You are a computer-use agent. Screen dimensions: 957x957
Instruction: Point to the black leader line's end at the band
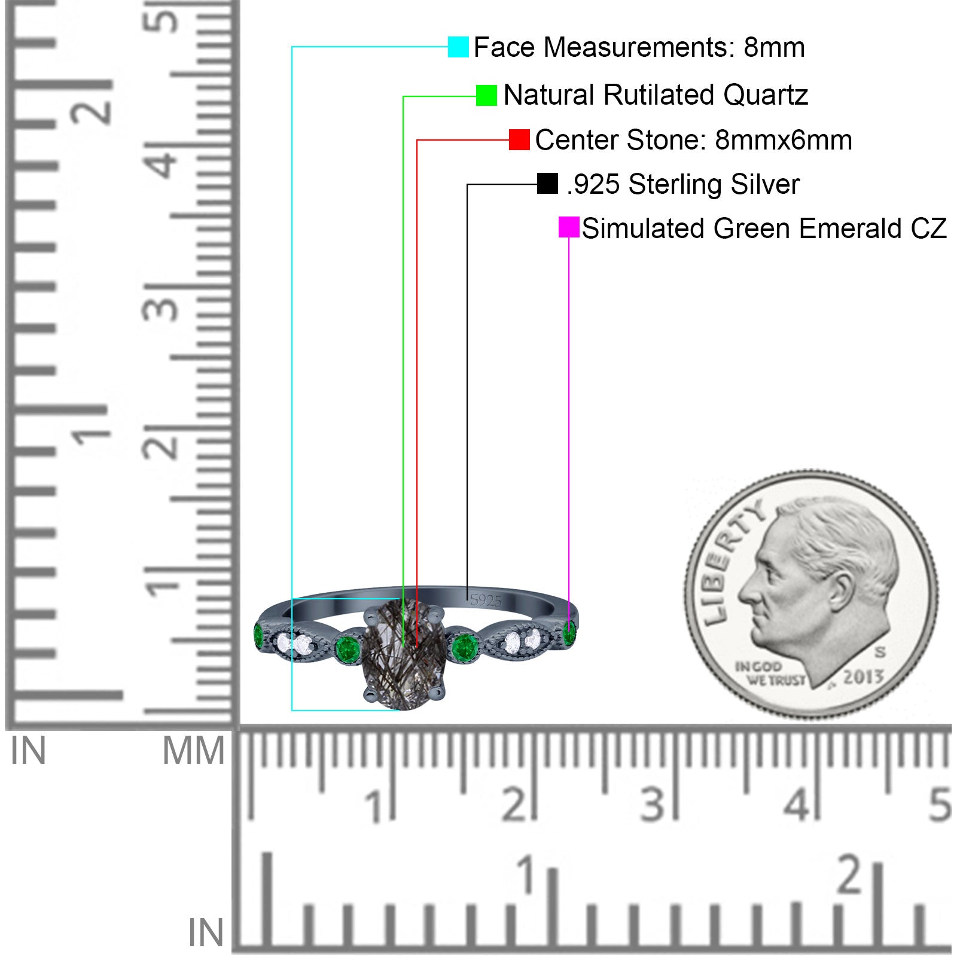click(x=467, y=599)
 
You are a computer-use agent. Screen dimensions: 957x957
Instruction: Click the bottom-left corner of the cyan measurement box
click(x=292, y=710)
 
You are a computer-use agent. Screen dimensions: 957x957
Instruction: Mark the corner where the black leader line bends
click(x=467, y=184)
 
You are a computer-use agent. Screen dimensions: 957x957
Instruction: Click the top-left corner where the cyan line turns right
click(x=292, y=46)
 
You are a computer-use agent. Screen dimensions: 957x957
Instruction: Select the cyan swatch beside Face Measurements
click(x=458, y=47)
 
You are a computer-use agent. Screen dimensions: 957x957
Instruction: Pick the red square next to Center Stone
click(x=519, y=139)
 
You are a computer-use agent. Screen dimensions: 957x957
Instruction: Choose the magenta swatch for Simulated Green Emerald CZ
click(x=569, y=227)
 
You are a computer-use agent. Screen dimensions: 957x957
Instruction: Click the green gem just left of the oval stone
click(x=347, y=647)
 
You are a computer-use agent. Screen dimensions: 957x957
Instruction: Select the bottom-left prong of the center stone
click(x=370, y=694)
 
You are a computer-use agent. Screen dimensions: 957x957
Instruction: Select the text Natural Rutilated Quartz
click(x=656, y=95)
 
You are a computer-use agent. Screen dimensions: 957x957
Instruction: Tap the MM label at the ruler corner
click(x=193, y=751)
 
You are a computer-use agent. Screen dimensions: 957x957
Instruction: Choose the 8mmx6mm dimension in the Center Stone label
click(x=784, y=140)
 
